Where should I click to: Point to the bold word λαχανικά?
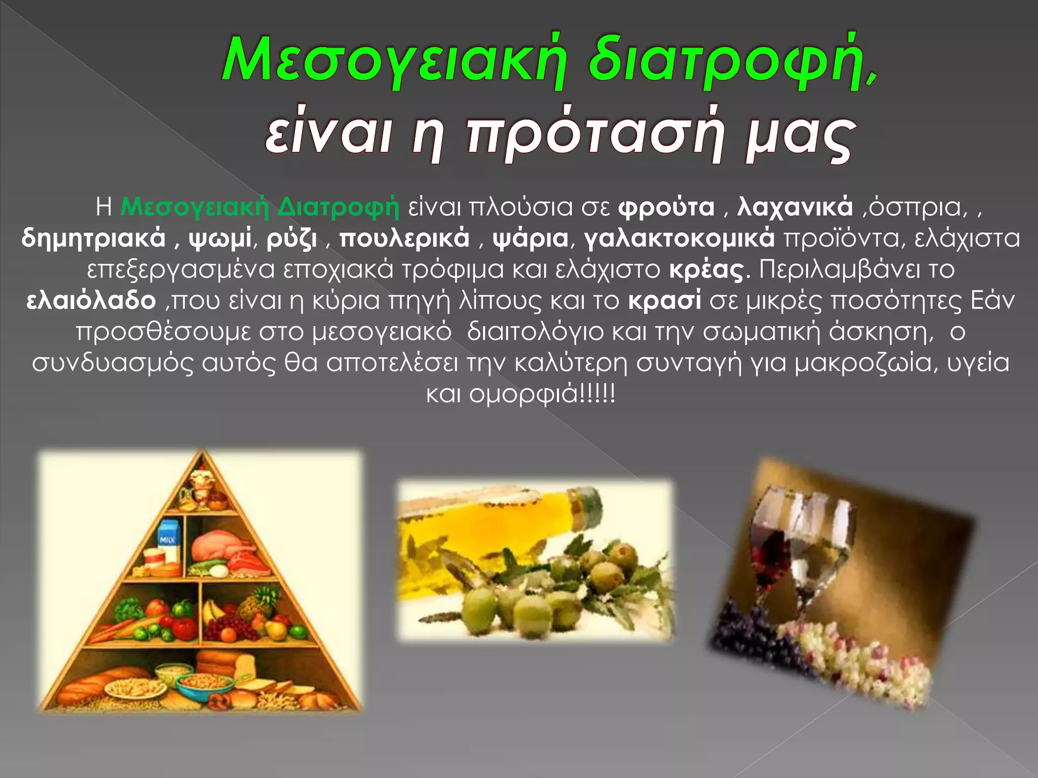pyautogui.click(x=795, y=207)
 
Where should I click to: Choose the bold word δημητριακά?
pyautogui.click(x=94, y=239)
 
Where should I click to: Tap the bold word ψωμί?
pyautogui.click(x=220, y=239)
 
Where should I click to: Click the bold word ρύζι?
pyautogui.click(x=292, y=239)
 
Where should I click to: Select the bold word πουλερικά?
pyautogui.click(x=404, y=239)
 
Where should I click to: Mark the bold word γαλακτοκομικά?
pyautogui.click(x=679, y=239)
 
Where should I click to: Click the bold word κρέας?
pyautogui.click(x=707, y=269)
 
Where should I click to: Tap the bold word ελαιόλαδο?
pyautogui.click(x=91, y=301)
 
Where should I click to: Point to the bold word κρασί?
pyautogui.click(x=665, y=301)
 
